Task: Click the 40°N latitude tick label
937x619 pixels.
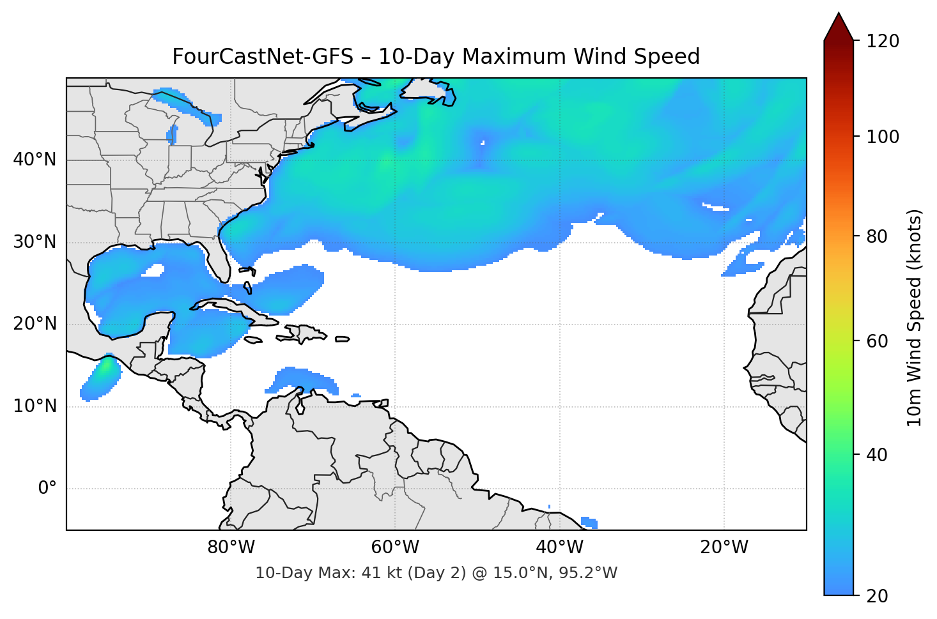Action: point(35,160)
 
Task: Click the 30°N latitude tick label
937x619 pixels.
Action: point(35,242)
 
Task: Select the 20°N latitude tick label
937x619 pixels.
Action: point(35,324)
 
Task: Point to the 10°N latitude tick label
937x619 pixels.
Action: point(35,406)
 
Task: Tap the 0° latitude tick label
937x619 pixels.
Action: point(47,489)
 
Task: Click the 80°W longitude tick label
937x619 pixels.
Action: point(231,547)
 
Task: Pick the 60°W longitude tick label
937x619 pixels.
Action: point(395,547)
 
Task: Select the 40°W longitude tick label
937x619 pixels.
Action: point(560,547)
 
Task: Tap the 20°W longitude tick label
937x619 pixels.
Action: point(724,547)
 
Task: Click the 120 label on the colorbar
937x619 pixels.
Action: point(883,42)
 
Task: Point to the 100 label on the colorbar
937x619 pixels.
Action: point(883,137)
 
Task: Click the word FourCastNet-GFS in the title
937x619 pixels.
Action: point(262,57)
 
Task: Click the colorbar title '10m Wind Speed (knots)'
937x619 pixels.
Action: point(915,317)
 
